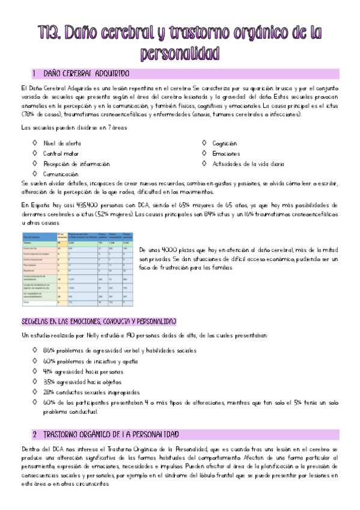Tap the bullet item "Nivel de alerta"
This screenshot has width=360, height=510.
point(62,143)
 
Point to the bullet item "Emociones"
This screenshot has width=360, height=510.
point(226,153)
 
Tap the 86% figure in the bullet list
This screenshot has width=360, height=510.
point(49,351)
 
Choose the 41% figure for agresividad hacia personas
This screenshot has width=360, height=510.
point(49,372)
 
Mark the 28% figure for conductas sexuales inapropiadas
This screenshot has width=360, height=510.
point(49,392)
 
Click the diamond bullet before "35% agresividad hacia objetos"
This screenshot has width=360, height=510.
point(34,382)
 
